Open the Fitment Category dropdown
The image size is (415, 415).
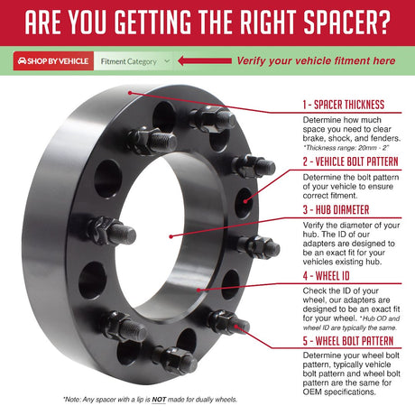134,62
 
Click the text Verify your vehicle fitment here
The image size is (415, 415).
316,61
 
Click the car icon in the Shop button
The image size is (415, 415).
22,62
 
